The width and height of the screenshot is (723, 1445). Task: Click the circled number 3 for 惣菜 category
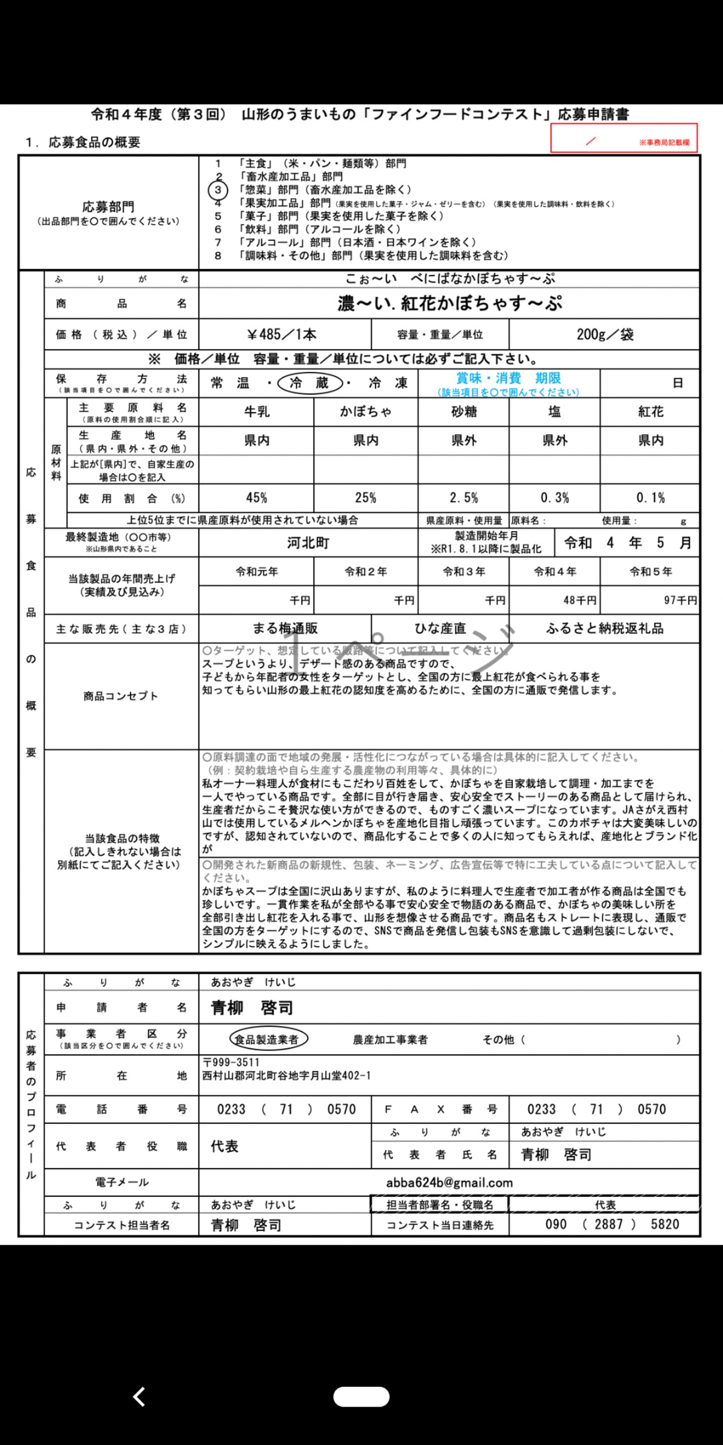(x=218, y=190)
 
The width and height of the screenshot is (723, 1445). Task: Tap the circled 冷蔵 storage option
(x=310, y=383)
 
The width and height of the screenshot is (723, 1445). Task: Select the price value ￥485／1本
(x=282, y=335)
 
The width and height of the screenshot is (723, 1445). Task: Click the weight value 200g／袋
(x=604, y=335)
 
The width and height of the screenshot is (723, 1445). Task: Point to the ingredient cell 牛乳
(x=256, y=412)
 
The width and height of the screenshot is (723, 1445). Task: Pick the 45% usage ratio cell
(x=256, y=498)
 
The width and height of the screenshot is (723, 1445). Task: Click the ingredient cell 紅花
(x=650, y=412)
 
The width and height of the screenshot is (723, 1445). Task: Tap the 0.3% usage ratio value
(x=554, y=498)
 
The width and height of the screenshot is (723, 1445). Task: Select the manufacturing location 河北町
(x=308, y=543)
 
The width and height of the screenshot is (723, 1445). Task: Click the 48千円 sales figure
(x=580, y=600)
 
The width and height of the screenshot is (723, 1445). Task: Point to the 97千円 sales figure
(x=680, y=600)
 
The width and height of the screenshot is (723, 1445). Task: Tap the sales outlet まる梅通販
(x=285, y=629)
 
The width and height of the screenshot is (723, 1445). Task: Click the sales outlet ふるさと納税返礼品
(x=604, y=629)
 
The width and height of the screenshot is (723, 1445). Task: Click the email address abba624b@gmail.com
(x=449, y=1183)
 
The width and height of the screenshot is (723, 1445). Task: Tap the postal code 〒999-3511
(x=231, y=1062)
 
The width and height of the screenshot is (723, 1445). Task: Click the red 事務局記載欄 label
(x=664, y=143)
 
